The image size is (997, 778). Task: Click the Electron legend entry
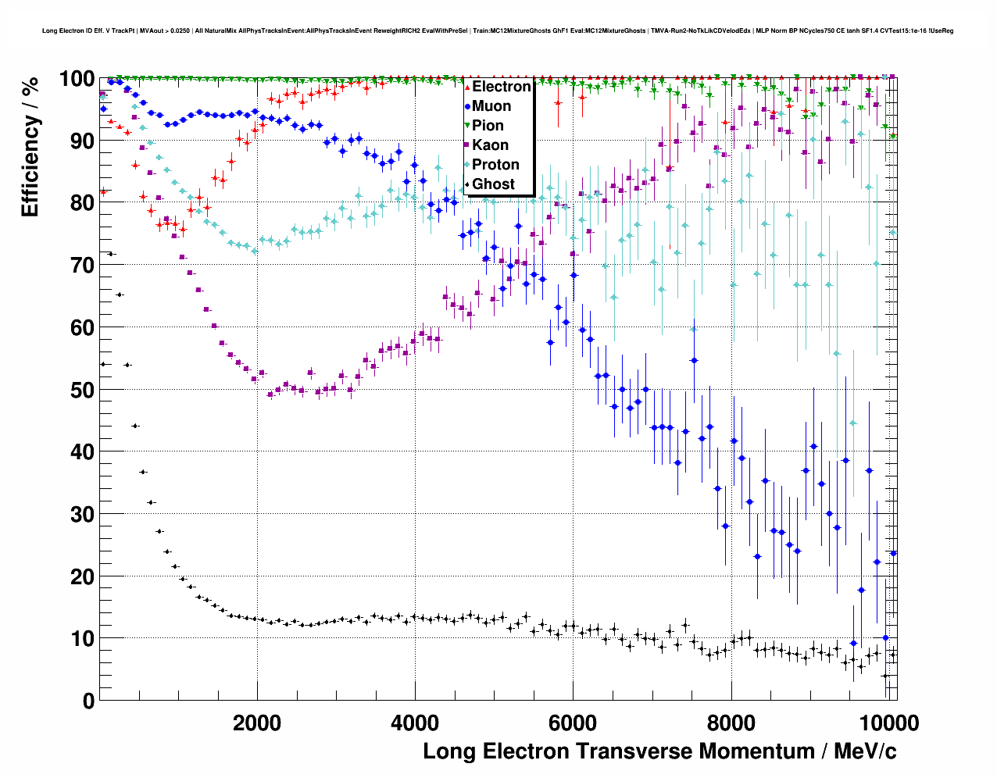(501, 87)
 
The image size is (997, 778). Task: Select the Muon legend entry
(491, 106)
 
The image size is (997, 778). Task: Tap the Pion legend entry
(488, 126)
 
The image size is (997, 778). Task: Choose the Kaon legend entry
(490, 145)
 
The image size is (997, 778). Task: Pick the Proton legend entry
(495, 165)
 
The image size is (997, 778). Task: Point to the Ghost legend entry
(493, 184)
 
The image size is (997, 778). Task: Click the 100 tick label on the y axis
(77, 79)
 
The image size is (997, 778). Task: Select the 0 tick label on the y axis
(88, 701)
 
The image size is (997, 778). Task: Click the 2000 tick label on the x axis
(257, 723)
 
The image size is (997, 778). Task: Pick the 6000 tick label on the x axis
(573, 723)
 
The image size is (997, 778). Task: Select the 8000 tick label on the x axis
(731, 723)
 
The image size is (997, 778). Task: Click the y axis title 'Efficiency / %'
(30, 147)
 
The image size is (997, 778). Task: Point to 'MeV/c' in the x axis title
(865, 751)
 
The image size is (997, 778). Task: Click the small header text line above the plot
(498, 31)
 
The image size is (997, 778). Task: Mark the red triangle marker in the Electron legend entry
(467, 87)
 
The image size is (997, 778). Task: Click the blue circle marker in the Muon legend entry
(467, 106)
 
